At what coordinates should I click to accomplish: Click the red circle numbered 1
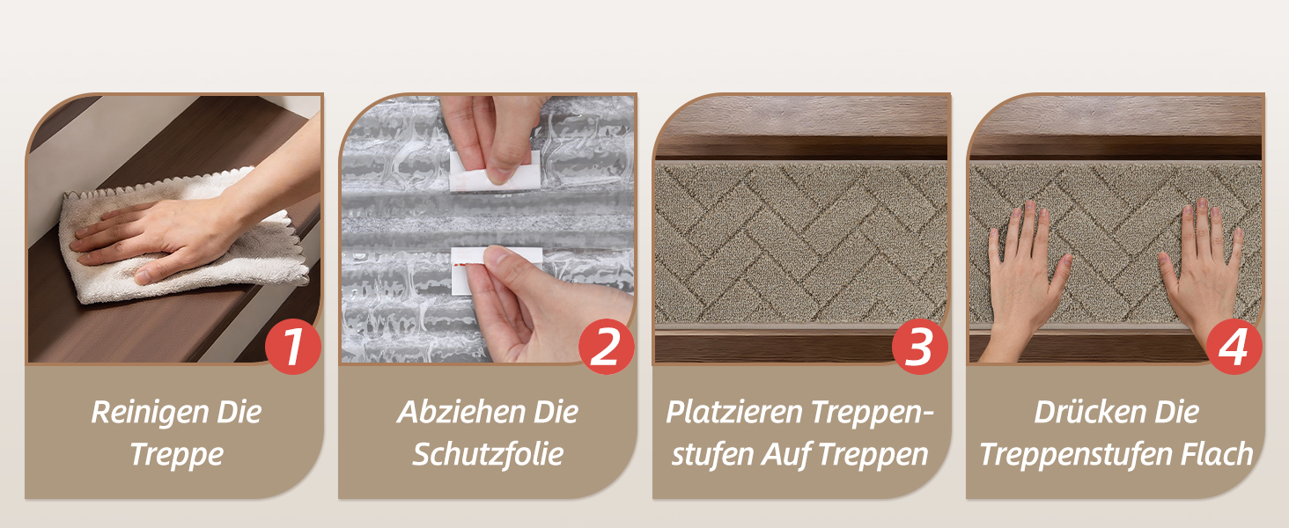(x=293, y=346)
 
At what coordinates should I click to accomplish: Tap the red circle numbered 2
(x=607, y=346)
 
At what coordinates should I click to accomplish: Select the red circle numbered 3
(x=919, y=346)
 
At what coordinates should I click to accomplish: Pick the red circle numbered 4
(x=1234, y=346)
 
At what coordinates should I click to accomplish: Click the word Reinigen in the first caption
(x=150, y=413)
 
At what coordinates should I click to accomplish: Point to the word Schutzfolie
(x=488, y=454)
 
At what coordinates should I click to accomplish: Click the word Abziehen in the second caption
(x=460, y=413)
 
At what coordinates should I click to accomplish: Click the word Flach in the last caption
(x=1217, y=454)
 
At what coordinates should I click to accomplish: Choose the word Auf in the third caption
(x=786, y=454)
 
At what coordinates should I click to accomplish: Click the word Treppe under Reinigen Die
(x=177, y=455)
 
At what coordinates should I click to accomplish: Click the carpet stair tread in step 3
(x=801, y=244)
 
